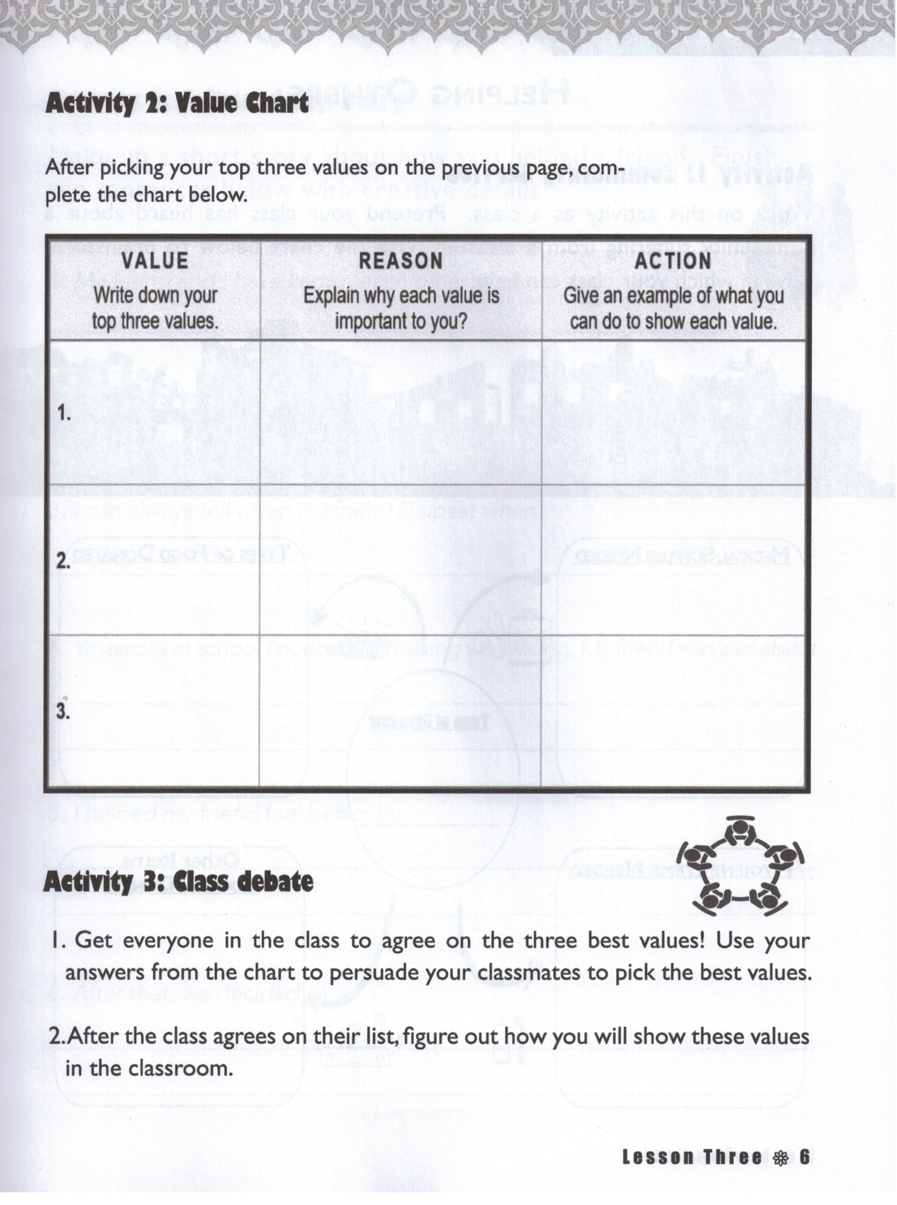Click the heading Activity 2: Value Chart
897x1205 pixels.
click(177, 103)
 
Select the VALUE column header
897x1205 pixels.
click(155, 260)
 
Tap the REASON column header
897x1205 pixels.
click(400, 261)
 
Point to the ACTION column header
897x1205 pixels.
click(673, 261)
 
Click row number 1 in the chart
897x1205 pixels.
click(64, 414)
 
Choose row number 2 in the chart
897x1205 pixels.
click(63, 561)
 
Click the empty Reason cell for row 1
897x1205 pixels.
click(400, 412)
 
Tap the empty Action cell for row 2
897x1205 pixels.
click(673, 560)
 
